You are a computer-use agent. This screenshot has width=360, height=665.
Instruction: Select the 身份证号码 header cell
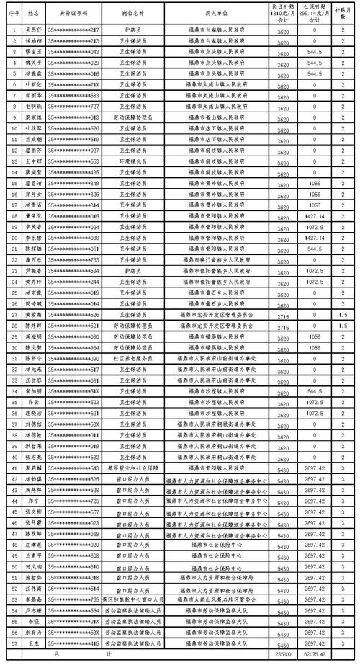[73, 13]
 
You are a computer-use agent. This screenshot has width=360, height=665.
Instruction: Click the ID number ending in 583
[73, 94]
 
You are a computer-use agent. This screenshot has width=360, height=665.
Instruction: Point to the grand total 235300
[283, 653]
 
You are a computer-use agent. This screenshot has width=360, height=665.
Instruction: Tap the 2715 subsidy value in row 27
[283, 315]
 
